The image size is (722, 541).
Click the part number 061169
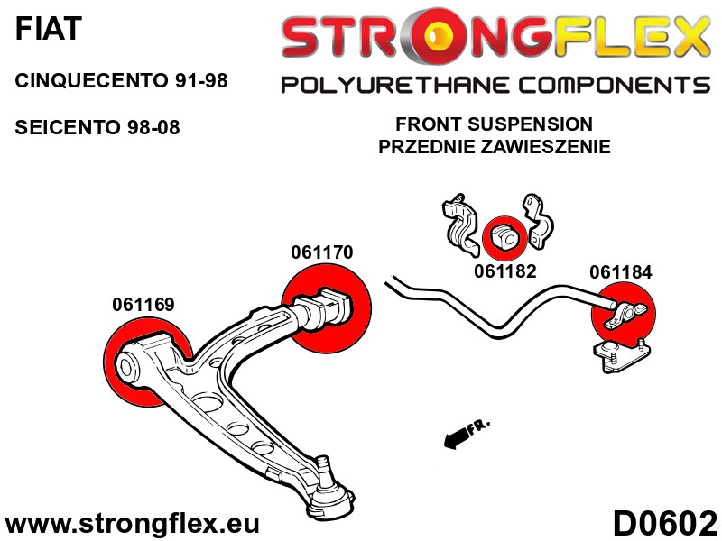tap(143, 304)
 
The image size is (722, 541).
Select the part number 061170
tap(321, 253)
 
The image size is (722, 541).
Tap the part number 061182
tap(505, 270)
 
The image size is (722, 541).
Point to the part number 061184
tap(620, 271)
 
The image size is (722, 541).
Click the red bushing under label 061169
tap(144, 364)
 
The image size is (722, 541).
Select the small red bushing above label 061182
tap(502, 237)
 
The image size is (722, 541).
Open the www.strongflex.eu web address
tap(133, 524)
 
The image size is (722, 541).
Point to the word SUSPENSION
tap(533, 124)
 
